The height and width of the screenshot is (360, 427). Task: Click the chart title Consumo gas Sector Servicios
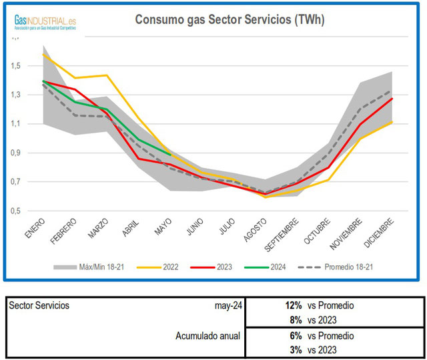pyautogui.click(x=230, y=19)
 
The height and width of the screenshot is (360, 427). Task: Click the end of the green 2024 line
pyautogui.click(x=171, y=155)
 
